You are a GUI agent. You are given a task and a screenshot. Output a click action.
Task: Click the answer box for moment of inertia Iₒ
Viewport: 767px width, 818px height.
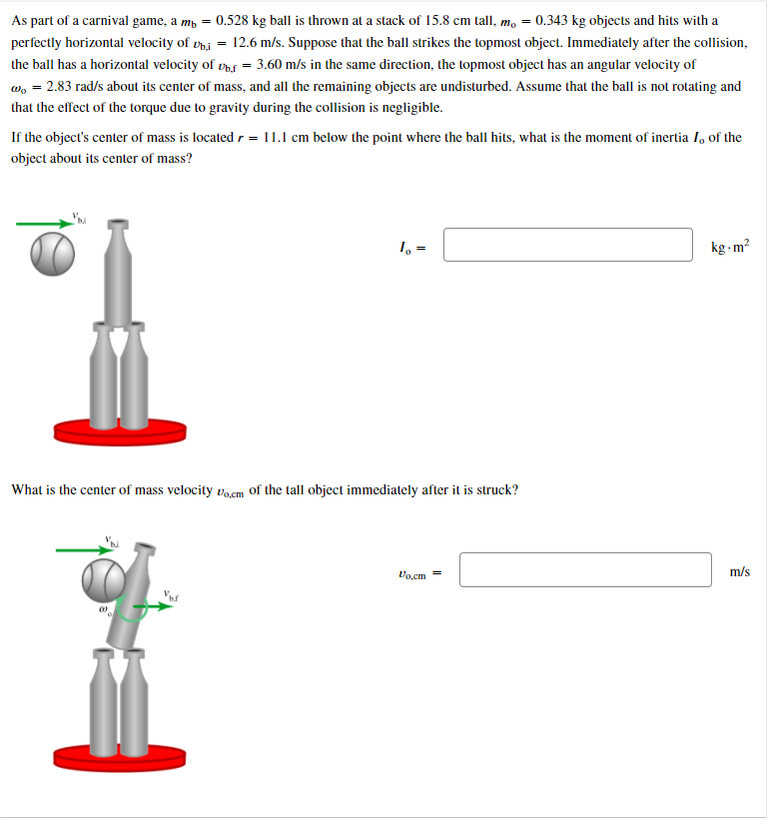[567, 245]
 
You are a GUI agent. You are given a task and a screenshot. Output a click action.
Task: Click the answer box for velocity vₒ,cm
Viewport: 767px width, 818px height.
[585, 570]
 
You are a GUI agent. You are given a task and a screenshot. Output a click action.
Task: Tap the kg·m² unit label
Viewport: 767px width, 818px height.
[730, 246]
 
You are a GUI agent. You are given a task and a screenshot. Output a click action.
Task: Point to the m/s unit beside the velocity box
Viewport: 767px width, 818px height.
[739, 571]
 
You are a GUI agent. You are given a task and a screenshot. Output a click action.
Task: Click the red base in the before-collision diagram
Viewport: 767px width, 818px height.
[120, 429]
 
